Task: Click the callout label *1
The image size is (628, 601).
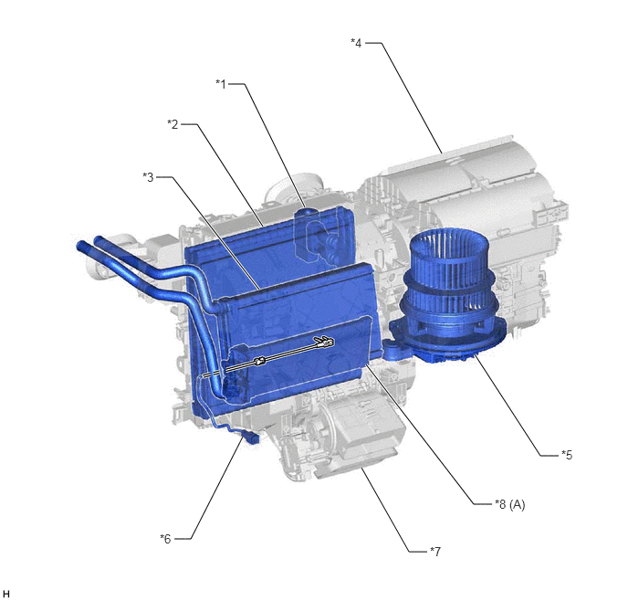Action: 221,84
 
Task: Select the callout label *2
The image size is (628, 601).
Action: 173,124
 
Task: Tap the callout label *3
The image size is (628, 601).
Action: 148,177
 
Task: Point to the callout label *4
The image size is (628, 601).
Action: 356,43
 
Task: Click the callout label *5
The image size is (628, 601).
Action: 567,455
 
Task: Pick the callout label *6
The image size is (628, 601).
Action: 165,539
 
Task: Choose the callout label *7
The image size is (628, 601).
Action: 435,552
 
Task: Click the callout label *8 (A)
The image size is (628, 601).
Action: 510,504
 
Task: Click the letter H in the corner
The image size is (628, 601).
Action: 5,594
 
